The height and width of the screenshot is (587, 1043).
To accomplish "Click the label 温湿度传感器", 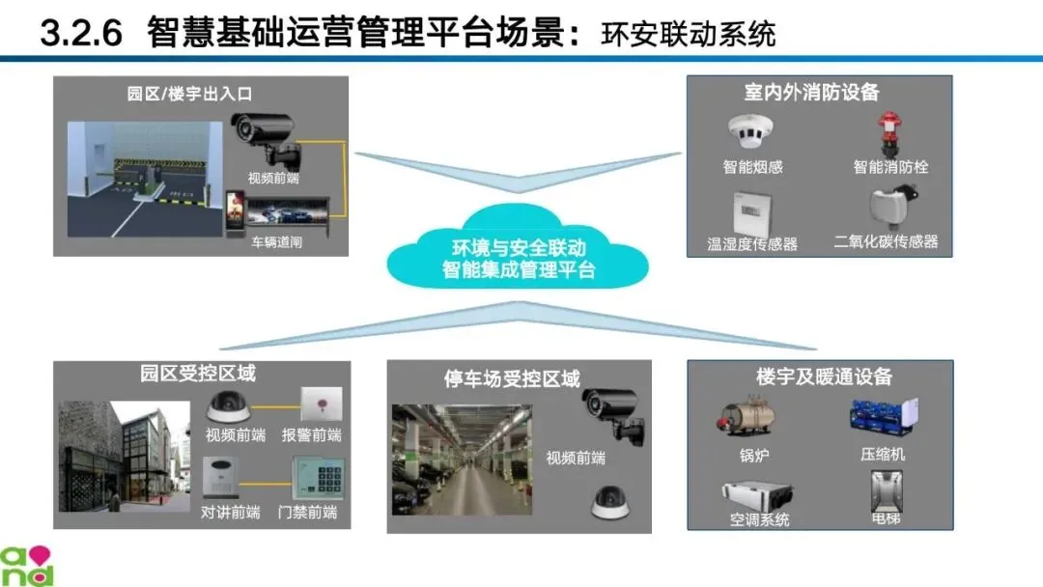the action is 752,244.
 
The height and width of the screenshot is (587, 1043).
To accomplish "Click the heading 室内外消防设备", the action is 811,93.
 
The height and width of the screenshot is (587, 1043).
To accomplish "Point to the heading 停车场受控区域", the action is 512,378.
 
